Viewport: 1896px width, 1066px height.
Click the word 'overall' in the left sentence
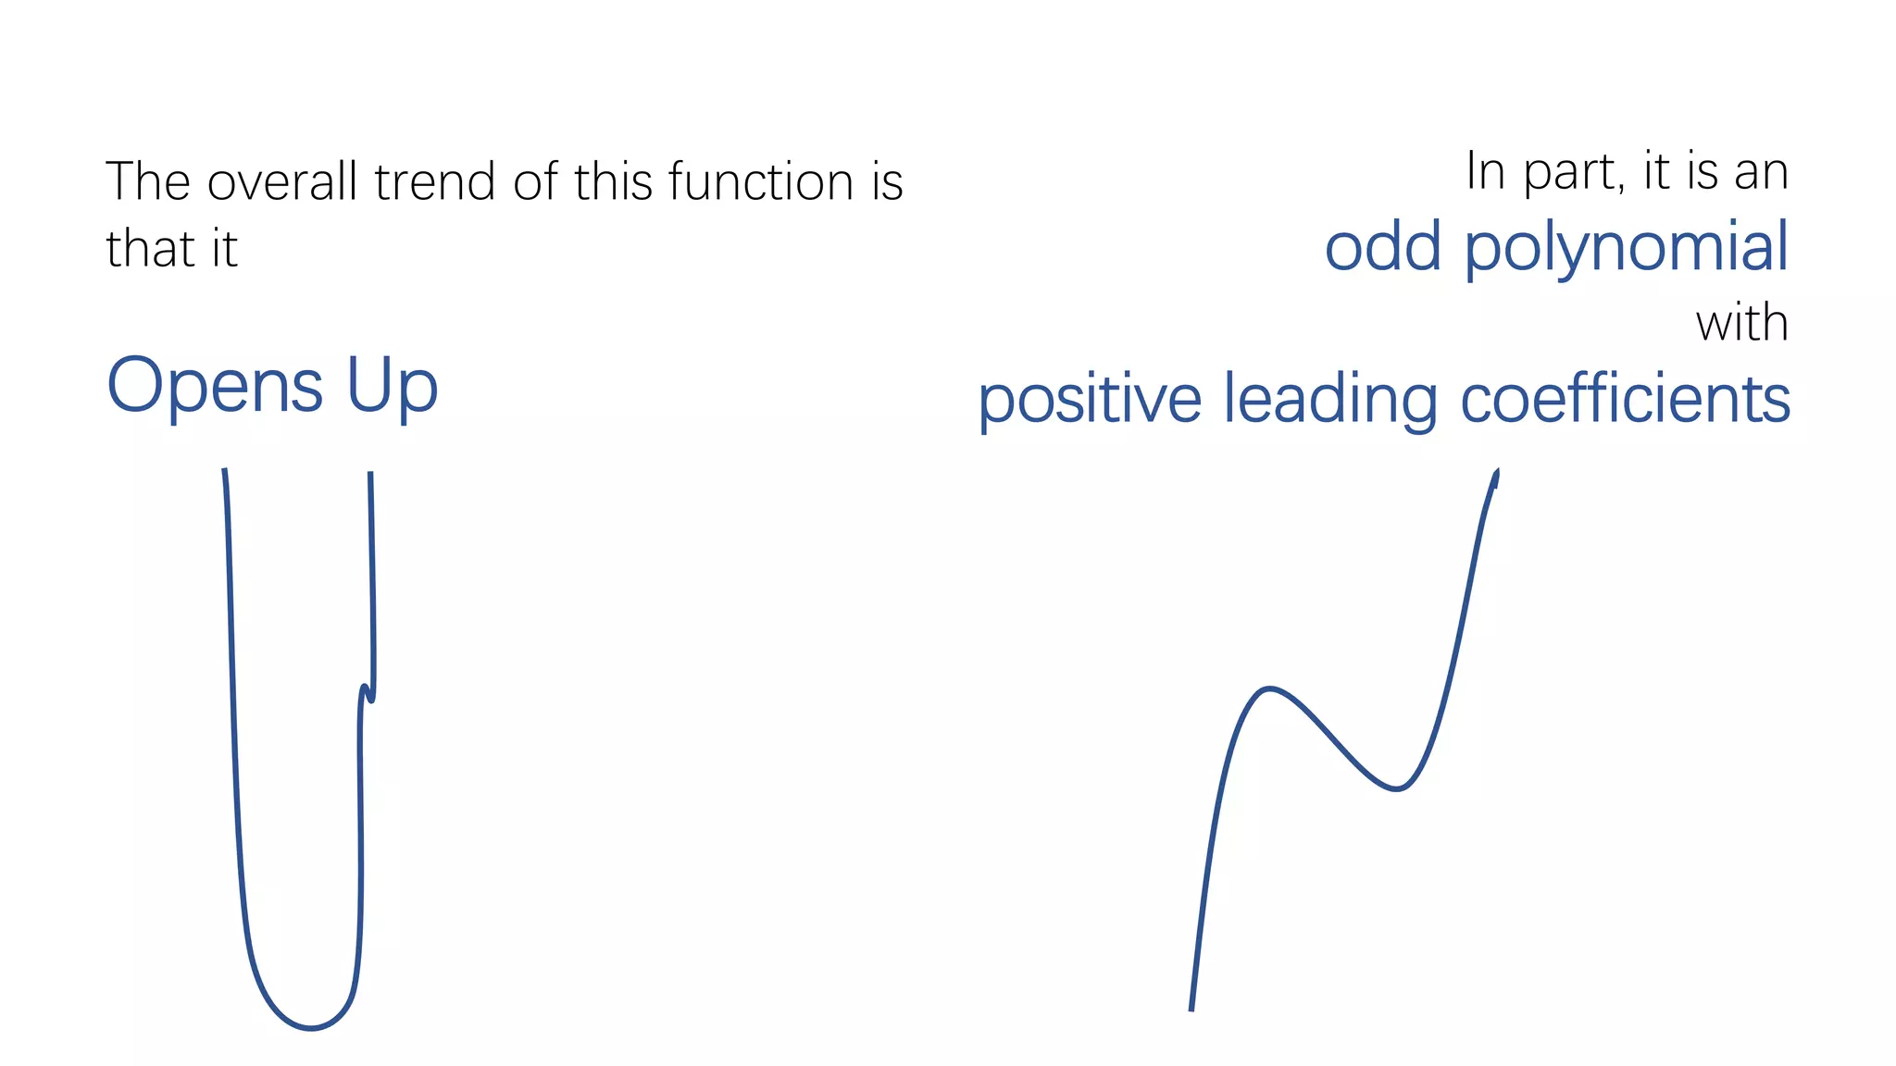282,181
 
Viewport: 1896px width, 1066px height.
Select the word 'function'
761,181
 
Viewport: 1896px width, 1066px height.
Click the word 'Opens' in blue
215,387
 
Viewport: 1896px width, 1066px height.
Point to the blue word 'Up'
392,387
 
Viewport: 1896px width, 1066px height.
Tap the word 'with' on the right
1741,324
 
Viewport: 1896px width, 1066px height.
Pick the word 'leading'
1330,401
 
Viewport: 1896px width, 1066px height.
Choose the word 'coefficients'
1625,399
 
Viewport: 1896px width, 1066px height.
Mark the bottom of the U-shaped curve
311,1027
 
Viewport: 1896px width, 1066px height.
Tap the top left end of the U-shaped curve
224,471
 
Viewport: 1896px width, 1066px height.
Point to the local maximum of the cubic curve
1269,689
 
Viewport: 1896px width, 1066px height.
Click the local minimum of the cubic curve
1396,788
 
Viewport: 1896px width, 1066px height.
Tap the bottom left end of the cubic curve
1191,1009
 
